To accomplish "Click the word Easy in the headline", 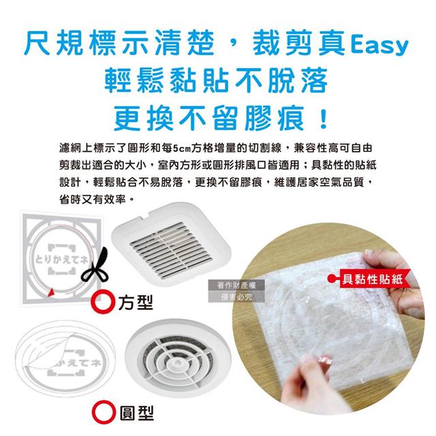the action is tap(379, 46).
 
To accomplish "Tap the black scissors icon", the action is tap(95, 264).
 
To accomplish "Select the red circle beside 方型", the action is tap(103, 302).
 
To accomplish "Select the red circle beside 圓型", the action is tap(104, 412).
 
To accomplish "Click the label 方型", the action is tap(136, 302).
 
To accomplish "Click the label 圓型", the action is tap(136, 413).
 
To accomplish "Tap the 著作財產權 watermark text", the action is tap(236, 285).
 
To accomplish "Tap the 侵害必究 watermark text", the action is tap(236, 297).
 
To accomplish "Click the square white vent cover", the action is tap(171, 244).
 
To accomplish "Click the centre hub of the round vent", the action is tap(177, 363).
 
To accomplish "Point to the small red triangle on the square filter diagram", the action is tap(51, 292).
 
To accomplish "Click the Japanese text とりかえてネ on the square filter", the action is tap(61, 260).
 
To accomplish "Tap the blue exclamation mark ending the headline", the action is tap(324, 119).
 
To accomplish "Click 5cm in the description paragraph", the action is tap(182, 149).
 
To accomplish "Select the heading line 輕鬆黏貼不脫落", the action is tap(216, 80).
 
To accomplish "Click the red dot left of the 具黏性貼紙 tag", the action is tap(332, 279).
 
